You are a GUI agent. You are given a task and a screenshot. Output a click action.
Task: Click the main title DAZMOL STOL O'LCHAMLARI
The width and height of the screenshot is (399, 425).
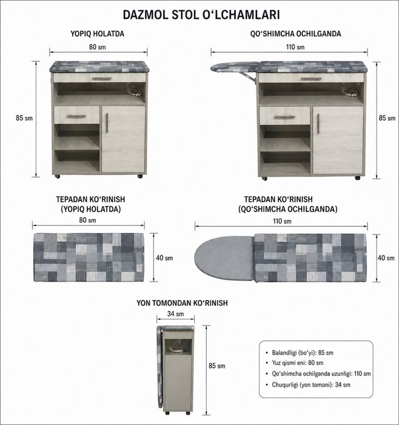(201, 15)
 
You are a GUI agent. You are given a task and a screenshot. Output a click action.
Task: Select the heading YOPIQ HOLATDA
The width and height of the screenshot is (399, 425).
(98, 34)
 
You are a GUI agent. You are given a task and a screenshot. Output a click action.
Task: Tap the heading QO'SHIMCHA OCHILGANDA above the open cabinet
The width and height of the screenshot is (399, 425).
(295, 34)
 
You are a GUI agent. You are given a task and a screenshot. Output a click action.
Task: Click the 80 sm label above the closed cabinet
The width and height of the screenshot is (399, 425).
(98, 47)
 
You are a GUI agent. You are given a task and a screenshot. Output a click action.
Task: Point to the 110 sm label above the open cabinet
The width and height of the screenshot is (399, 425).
(295, 47)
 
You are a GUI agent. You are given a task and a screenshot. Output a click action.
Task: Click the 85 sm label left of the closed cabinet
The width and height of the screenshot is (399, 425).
(24, 118)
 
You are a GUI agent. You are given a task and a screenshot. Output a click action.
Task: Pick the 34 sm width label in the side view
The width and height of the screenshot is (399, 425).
(175, 314)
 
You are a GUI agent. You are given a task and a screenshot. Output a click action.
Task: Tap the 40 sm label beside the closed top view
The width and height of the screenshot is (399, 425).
(164, 258)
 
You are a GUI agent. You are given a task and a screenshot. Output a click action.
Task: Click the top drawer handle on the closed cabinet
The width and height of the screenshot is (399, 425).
(101, 78)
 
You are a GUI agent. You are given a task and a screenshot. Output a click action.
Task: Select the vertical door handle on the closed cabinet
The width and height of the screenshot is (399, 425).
(107, 123)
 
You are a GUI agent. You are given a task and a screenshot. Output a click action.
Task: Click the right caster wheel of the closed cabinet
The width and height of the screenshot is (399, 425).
(140, 177)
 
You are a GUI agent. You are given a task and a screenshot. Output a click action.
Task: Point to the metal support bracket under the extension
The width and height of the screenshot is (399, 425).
(247, 76)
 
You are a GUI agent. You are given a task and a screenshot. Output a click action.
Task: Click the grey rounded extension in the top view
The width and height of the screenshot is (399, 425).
(224, 258)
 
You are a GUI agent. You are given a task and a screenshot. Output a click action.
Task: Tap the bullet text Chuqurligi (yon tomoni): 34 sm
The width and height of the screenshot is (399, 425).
(311, 384)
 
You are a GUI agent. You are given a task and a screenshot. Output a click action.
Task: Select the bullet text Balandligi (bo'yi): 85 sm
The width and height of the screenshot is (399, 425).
(303, 353)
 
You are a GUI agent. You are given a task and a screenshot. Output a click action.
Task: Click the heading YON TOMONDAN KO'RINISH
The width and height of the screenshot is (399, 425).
(182, 303)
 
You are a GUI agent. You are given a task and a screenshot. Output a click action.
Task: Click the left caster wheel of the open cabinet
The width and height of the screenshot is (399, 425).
(264, 178)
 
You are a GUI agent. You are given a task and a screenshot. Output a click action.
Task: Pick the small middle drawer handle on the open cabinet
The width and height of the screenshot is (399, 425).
(284, 117)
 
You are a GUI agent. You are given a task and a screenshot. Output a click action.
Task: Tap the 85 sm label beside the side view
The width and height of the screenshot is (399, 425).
(217, 366)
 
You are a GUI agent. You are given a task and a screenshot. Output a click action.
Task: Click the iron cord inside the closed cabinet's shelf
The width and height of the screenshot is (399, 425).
(135, 90)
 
